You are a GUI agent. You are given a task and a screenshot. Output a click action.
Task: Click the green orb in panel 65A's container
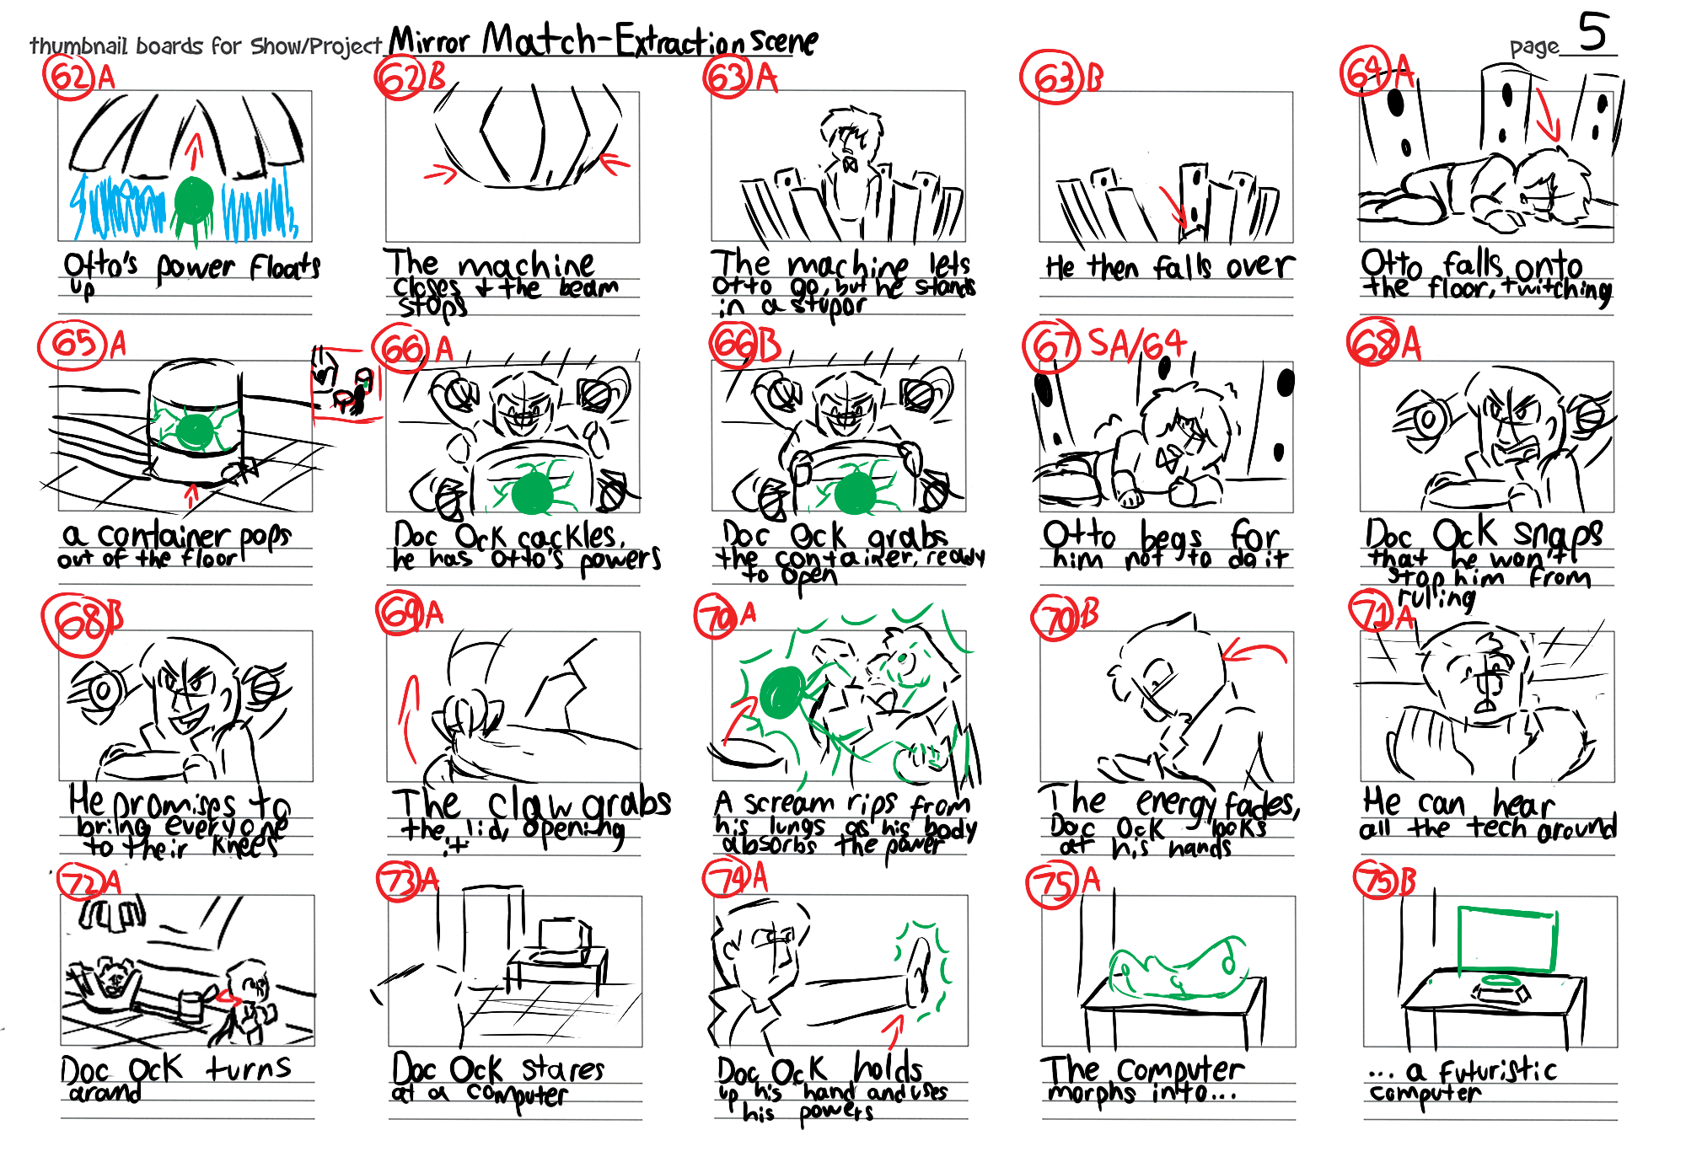point(195,431)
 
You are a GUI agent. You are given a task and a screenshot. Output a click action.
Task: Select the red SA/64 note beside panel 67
point(1137,344)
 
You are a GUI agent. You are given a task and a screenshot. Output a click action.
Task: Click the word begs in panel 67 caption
point(1172,537)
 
